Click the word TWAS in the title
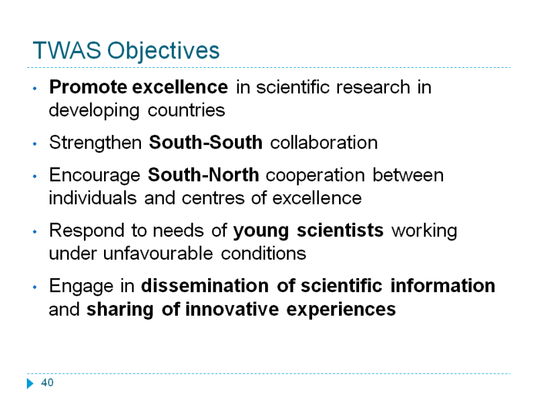coord(66,50)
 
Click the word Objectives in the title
coord(163,52)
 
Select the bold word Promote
coord(88,87)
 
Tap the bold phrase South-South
coord(205,142)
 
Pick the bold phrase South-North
coord(203,175)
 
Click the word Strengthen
coord(95,142)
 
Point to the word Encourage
coord(95,176)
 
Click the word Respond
coord(87,231)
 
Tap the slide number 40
coord(47,382)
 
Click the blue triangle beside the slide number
coord(30,383)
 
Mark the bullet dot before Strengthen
coord(35,144)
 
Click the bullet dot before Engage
coord(35,287)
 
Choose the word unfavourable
coord(158,254)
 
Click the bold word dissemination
coord(205,286)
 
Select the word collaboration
coord(324,142)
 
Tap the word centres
coord(213,199)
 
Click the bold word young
coord(261,231)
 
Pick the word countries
coord(187,110)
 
